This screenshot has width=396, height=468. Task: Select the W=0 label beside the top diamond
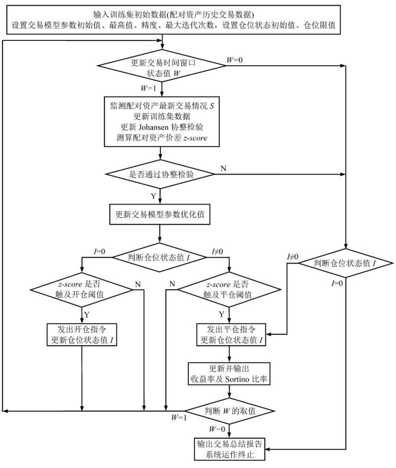pos(235,60)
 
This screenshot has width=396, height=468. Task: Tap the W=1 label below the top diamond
pos(148,88)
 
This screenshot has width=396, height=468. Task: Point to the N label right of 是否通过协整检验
pos(223,168)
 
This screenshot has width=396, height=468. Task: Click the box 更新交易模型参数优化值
pos(160,215)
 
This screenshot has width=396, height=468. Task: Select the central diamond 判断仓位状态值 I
pos(160,258)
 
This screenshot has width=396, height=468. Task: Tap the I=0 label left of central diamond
pos(99,252)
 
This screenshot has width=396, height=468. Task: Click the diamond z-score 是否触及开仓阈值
pos(81,289)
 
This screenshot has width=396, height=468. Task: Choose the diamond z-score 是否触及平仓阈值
pos(229,290)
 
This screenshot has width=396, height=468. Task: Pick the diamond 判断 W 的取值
pos(230,411)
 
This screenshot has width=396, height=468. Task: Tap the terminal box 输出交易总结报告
pos(229,449)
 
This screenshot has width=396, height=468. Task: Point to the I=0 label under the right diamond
pos(337,283)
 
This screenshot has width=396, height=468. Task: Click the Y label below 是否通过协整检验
pos(153,197)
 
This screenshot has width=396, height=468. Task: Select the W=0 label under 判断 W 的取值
pos(217,429)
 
